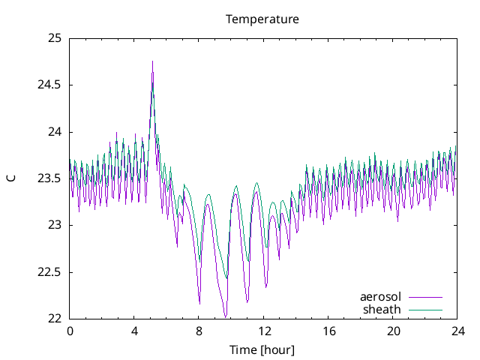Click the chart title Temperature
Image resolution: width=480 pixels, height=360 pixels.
click(262, 19)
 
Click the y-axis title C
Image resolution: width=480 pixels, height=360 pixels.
click(11, 178)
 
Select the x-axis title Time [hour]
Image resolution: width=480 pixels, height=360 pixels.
click(262, 350)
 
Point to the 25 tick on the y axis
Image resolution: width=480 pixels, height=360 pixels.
click(53, 38)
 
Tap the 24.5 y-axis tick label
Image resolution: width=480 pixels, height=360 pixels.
click(49, 85)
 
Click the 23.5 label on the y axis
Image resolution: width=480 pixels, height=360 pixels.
click(49, 178)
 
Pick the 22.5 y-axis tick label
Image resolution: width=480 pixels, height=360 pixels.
click(49, 272)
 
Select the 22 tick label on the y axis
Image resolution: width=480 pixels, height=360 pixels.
click(53, 319)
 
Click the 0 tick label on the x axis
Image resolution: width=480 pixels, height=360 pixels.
click(70, 331)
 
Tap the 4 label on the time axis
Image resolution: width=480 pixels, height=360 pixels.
click(134, 331)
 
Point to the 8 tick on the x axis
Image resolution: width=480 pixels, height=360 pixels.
click(199, 331)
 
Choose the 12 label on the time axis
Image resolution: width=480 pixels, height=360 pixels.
click(264, 331)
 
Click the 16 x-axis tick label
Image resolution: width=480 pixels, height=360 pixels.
click(328, 331)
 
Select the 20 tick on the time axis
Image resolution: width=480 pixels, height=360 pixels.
click(394, 331)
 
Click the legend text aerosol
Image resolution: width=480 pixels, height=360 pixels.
click(381, 297)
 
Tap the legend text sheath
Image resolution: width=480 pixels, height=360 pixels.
click(382, 309)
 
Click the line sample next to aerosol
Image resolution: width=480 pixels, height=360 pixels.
click(424, 297)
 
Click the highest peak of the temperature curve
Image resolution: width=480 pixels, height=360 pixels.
click(152, 61)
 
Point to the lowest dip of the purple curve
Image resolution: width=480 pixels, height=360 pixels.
click(225, 316)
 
